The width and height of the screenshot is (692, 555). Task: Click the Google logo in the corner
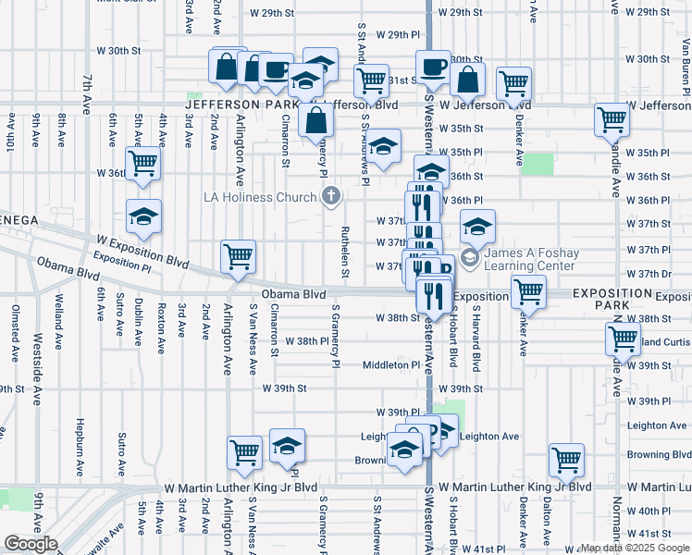tap(31, 544)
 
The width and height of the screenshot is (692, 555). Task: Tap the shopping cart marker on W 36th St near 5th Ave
tap(143, 163)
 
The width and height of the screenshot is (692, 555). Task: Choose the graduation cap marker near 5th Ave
tap(142, 216)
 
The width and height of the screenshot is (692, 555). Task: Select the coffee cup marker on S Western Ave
tap(432, 67)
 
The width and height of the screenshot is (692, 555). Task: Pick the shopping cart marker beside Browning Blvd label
tap(566, 459)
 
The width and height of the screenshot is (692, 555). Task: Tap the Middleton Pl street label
tap(391, 365)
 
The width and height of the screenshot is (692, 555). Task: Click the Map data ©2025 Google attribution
tap(635, 548)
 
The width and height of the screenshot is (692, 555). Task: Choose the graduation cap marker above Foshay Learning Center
tap(477, 227)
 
